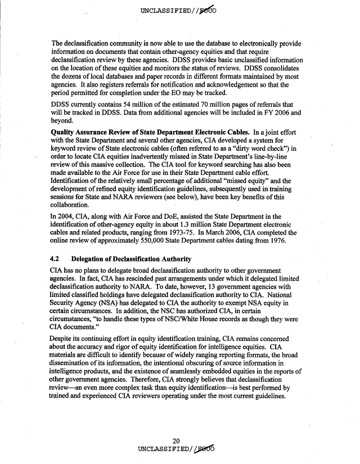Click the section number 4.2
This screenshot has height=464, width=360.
tap(56, 259)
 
